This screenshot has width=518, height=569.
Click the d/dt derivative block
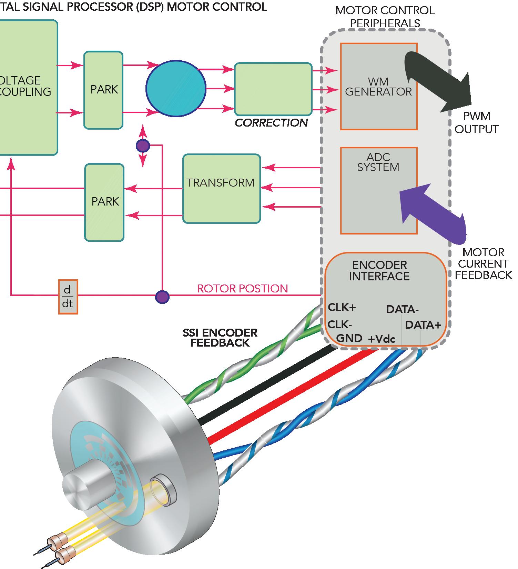[68, 297]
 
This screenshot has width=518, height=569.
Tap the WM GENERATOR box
[379, 87]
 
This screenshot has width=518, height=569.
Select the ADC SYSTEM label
[378, 162]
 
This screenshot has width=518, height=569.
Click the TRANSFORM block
[221, 188]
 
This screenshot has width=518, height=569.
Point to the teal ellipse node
[176, 89]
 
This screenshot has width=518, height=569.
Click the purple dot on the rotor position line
[162, 297]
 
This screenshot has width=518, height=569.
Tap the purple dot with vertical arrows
[143, 146]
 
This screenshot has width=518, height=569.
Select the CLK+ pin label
[341, 307]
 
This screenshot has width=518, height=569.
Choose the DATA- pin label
[402, 309]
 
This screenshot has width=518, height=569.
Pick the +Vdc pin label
[382, 339]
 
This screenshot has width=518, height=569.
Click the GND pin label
[349, 338]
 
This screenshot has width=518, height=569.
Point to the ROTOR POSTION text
[242, 288]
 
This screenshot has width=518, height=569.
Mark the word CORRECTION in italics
[271, 123]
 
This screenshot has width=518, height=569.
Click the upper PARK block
[104, 90]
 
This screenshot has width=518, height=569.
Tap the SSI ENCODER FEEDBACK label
[220, 338]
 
